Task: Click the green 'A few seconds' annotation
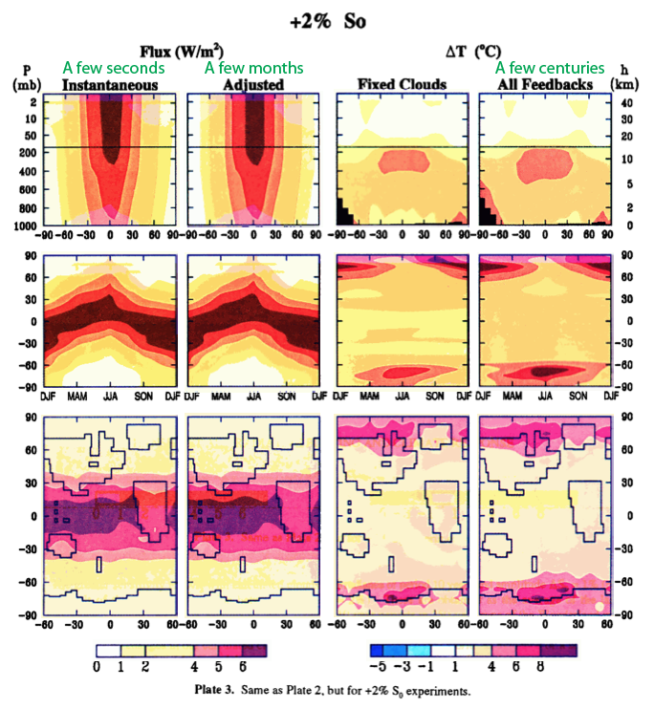coord(112,68)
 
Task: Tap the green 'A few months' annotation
coord(254,68)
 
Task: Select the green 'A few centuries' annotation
coord(550,68)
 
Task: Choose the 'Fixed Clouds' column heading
coord(402,85)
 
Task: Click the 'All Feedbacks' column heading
coord(547,85)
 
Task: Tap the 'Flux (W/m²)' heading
coord(184,52)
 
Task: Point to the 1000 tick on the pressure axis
coord(26,226)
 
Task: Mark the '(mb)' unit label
coord(25,84)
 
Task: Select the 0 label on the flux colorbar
coord(98,665)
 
